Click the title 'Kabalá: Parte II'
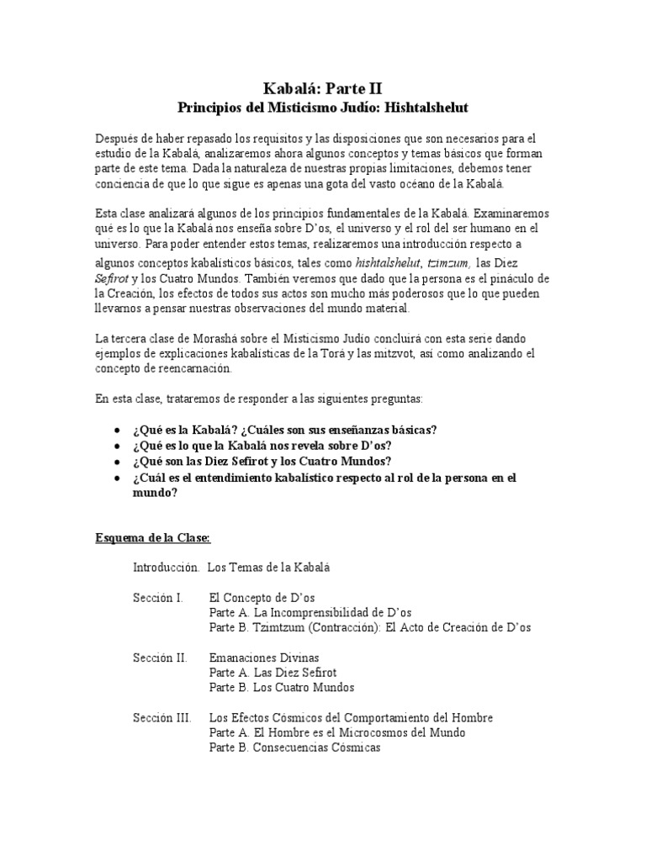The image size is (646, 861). click(x=322, y=87)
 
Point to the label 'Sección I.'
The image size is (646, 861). click(x=157, y=597)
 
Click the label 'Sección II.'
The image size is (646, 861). click(x=159, y=657)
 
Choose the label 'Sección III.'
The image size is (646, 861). click(x=161, y=717)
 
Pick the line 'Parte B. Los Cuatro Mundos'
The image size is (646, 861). click(x=281, y=687)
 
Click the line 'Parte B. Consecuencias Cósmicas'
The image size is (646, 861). click(x=294, y=747)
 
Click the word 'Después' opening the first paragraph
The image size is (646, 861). click(x=116, y=138)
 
